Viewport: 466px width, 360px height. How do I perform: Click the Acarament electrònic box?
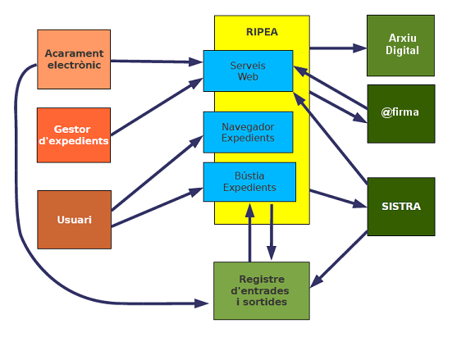pyautogui.click(x=74, y=59)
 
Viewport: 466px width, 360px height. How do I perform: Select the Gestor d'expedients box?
pyautogui.click(x=74, y=135)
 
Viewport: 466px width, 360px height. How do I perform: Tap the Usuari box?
pyautogui.click(x=74, y=220)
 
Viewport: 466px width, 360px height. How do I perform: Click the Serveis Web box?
pyautogui.click(x=248, y=71)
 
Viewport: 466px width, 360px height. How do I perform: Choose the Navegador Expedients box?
pyautogui.click(x=248, y=132)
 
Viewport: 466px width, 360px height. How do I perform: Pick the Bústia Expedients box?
pyautogui.click(x=249, y=182)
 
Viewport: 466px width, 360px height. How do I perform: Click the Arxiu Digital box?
pyautogui.click(x=402, y=44)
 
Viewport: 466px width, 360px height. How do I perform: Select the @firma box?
pyautogui.click(x=400, y=112)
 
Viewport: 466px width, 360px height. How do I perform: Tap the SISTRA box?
pyautogui.click(x=400, y=207)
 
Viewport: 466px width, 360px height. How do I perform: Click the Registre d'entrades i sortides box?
pyautogui.click(x=262, y=290)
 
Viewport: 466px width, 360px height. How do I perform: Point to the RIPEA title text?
pyautogui.click(x=262, y=33)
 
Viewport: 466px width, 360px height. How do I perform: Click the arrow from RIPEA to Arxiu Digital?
pyautogui.click(x=337, y=48)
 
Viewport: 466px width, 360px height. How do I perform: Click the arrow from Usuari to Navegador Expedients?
pyautogui.click(x=156, y=175)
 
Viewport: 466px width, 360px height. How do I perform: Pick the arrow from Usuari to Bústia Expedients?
pyautogui.click(x=156, y=209)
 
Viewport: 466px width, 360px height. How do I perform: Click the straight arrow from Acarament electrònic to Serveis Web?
pyautogui.click(x=156, y=60)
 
